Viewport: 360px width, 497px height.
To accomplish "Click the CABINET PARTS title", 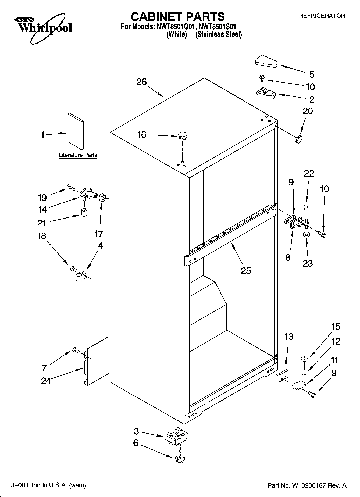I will [177, 17].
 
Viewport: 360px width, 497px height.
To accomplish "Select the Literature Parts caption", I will [78, 155].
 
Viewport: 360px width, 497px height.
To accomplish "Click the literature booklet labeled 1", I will [75, 131].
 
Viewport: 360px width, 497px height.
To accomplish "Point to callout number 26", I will [142, 82].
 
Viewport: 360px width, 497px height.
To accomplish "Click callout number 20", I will [308, 111].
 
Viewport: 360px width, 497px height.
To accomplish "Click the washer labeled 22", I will [305, 207].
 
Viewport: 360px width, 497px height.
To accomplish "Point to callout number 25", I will [246, 270].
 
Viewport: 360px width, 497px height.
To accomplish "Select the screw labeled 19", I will [70, 187].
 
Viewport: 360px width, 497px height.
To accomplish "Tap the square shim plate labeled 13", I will [283, 375].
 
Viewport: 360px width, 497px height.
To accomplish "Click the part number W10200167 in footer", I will [308, 485].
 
